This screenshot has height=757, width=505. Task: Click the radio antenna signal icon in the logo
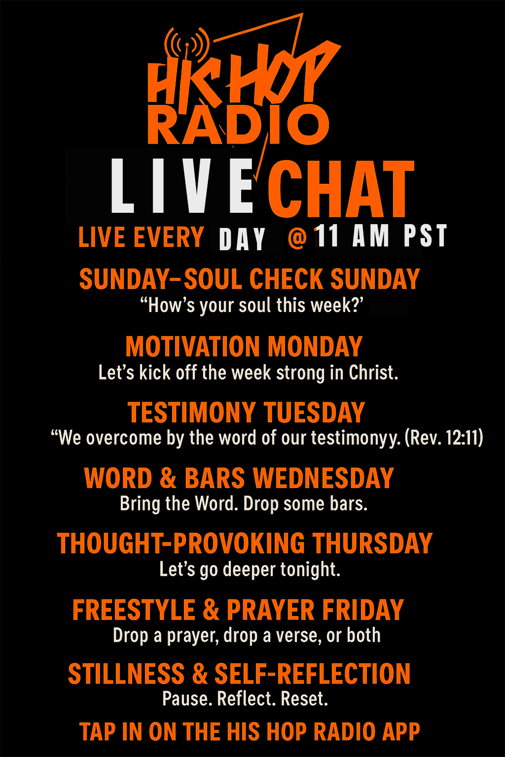[x=186, y=44]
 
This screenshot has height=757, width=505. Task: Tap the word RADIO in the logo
[x=238, y=124]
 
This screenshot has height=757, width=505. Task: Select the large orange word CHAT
[x=341, y=189]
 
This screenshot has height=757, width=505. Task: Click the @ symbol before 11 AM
[x=298, y=237]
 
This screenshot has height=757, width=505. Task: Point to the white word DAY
[x=242, y=239]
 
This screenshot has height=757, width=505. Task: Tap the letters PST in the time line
[x=425, y=236]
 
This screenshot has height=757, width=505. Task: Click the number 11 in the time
[x=327, y=236]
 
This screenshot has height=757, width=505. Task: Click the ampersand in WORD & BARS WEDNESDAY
[x=168, y=478]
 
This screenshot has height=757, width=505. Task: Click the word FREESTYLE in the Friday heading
[x=134, y=610]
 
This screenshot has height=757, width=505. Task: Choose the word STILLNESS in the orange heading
[x=126, y=674]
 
